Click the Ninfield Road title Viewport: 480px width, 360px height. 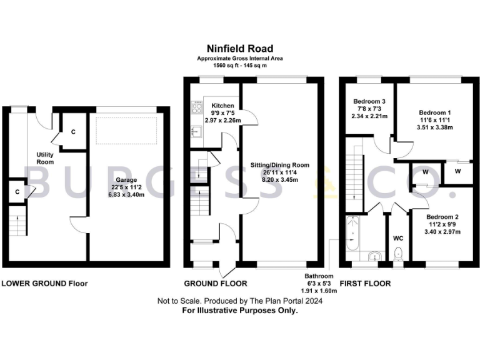coord(240,48)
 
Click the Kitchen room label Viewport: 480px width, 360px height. coord(222,105)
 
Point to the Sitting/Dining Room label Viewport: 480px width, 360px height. coord(280,166)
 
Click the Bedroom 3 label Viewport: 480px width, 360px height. coord(369,101)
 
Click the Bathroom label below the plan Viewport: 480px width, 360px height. coord(319,276)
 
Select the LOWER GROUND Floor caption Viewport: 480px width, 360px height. coord(44,284)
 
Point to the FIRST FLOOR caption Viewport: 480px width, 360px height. coord(365,284)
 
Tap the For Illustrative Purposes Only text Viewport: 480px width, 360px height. coord(240,310)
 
